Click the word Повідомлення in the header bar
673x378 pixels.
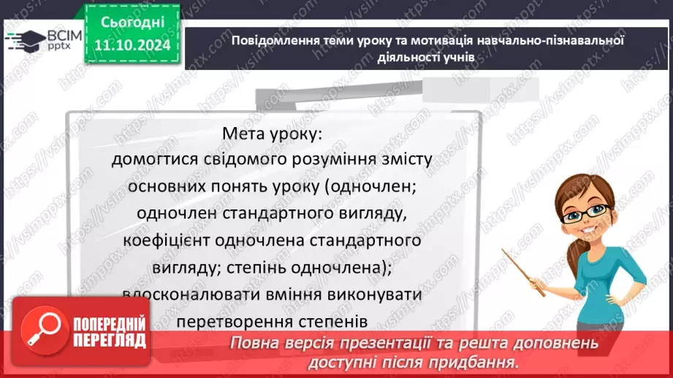[273, 41]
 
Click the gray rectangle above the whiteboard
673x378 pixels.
[482, 90]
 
